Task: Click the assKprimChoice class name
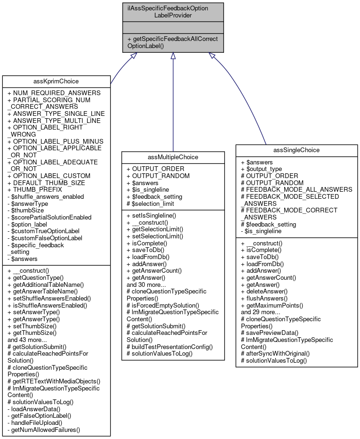[56, 81]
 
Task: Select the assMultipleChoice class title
[173, 157]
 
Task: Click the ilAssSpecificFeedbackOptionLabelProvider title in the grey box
[173, 12]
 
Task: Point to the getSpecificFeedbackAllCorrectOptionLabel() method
[173, 42]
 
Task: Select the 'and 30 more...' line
[146, 285]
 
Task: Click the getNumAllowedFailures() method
[46, 430]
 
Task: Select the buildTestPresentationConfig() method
[170, 346]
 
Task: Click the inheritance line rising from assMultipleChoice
[173, 104]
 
